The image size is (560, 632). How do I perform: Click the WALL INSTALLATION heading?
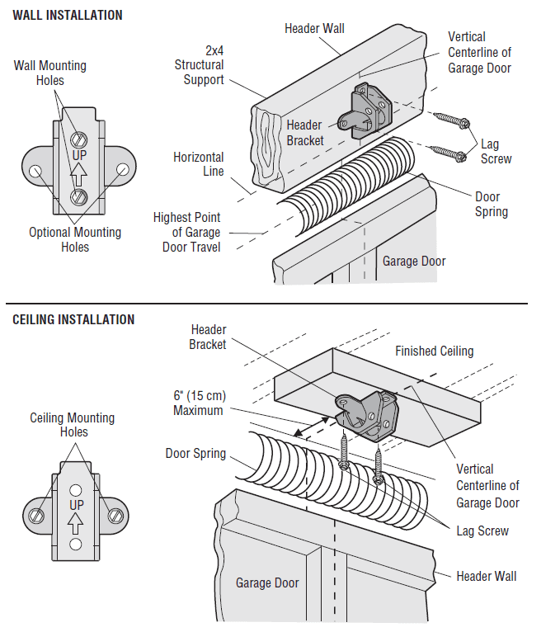tap(68, 15)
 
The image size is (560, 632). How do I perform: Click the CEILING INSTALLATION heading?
tap(73, 319)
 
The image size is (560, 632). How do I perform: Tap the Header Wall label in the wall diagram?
tap(314, 28)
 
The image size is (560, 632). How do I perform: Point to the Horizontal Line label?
tap(198, 163)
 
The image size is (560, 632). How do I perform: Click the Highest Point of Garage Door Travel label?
tap(187, 232)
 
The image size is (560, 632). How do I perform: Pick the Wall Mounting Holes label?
tap(49, 73)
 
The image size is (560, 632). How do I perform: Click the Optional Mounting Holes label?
tap(75, 239)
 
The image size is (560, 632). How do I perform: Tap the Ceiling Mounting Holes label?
tap(73, 424)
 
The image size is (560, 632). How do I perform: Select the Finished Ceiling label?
tap(434, 351)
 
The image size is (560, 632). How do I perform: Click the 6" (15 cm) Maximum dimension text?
tap(198, 403)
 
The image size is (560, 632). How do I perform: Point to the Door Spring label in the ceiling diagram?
tap(195, 453)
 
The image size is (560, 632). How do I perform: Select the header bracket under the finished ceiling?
tap(368, 415)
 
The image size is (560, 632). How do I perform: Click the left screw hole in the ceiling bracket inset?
tap(36, 515)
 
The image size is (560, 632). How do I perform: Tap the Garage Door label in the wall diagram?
tap(413, 261)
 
